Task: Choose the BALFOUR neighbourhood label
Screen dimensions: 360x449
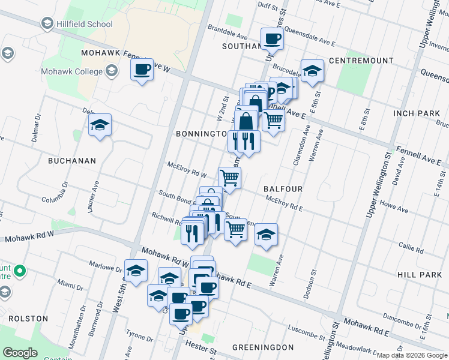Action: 283,188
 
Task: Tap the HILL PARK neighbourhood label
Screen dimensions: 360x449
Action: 419,274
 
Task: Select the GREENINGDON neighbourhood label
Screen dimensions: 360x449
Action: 263,347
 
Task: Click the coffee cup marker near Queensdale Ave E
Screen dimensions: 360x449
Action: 271,39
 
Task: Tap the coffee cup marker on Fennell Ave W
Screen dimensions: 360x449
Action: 142,70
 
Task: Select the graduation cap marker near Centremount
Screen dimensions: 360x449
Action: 312,71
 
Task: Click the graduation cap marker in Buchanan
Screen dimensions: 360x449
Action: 100,125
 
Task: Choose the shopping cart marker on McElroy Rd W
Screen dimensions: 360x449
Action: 229,178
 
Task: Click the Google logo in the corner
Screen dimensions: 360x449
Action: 20,353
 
